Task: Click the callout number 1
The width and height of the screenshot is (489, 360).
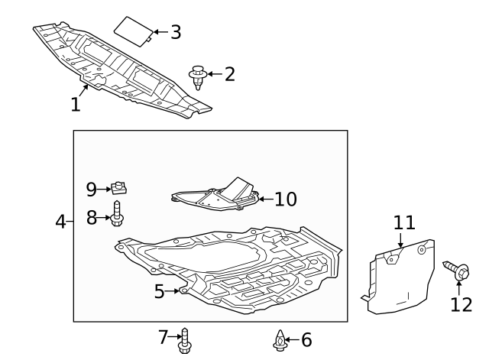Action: click(76, 104)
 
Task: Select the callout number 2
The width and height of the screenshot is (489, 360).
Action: click(228, 74)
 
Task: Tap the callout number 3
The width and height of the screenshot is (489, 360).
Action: click(175, 32)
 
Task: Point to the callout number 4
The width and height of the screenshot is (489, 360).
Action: click(61, 222)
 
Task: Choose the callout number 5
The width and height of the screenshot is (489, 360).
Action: click(160, 291)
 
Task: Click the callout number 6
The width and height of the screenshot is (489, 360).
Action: click(306, 339)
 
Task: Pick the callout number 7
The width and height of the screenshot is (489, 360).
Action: click(162, 336)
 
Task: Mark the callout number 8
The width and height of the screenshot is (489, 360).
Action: click(92, 217)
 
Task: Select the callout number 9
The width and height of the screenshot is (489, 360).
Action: click(92, 189)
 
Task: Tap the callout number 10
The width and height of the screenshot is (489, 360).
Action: click(285, 199)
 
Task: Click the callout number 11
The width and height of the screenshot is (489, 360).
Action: click(404, 222)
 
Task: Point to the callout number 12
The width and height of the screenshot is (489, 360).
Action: click(461, 304)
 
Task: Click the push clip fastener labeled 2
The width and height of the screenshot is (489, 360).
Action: click(198, 77)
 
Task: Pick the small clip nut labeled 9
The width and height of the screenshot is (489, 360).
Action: click(119, 187)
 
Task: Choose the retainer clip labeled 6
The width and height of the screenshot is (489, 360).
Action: click(280, 339)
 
